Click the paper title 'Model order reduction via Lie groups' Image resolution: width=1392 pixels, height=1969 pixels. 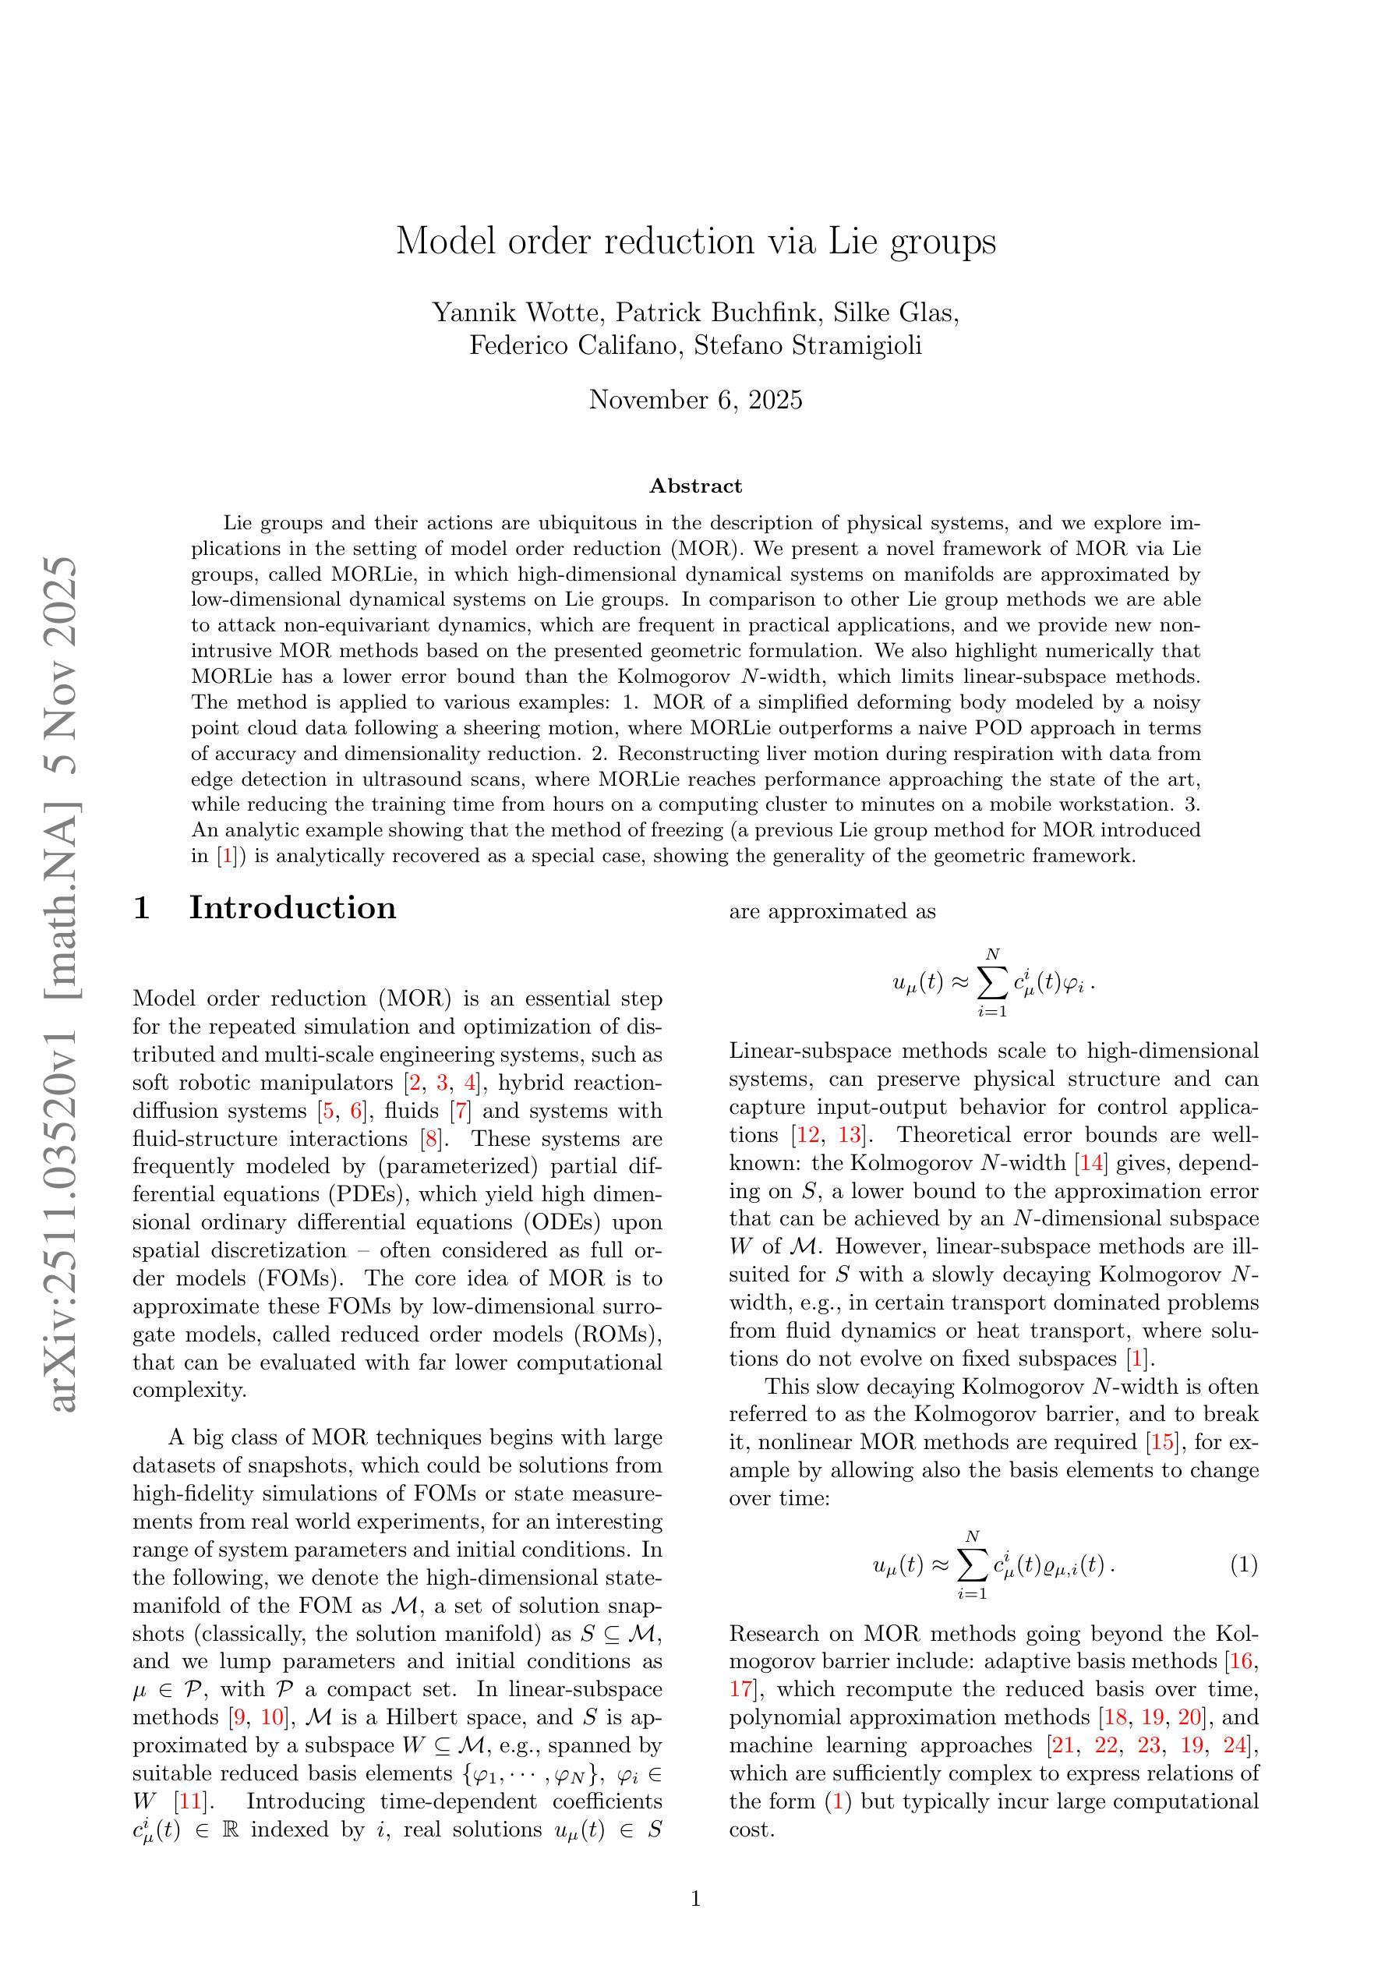[695, 242]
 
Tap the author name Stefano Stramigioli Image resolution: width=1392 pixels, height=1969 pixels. [808, 345]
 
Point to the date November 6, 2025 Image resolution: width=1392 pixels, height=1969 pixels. [695, 400]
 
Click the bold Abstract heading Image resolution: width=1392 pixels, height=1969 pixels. [695, 486]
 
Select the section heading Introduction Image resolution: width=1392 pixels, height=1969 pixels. [292, 907]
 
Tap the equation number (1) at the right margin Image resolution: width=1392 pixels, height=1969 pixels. [1244, 1564]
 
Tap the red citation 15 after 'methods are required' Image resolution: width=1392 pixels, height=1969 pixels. [1163, 1442]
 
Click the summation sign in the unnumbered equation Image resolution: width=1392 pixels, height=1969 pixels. [991, 984]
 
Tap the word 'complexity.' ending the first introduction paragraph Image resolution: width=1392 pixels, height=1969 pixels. [189, 1390]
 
